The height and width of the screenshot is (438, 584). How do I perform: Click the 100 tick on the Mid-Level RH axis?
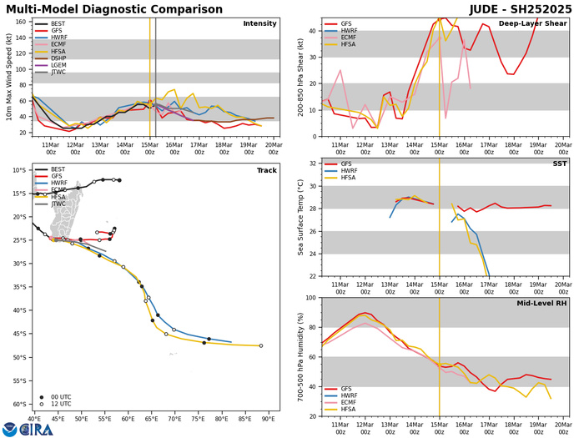click(x=309, y=298)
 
